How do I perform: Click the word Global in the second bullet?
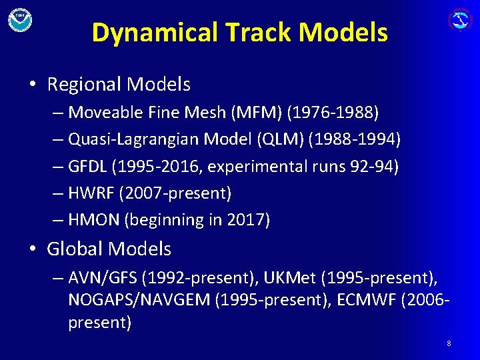click(x=75, y=249)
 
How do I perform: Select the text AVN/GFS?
click(x=97, y=277)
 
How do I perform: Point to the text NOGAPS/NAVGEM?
click(x=138, y=300)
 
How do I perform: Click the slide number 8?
click(x=449, y=343)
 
